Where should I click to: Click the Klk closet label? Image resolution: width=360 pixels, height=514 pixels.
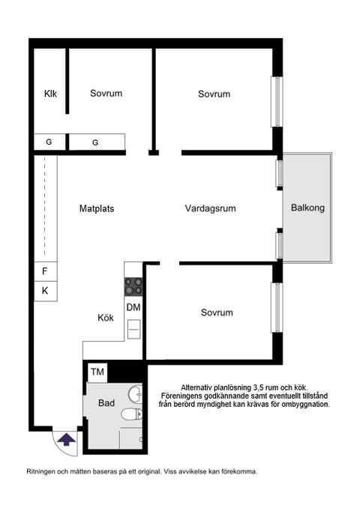point(50,94)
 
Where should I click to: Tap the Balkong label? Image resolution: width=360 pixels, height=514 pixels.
point(307,208)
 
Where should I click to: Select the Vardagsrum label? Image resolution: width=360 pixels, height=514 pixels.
point(210,208)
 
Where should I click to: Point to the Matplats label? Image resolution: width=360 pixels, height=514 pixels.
point(100,208)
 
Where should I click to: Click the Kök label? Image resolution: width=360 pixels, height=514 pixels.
point(105,317)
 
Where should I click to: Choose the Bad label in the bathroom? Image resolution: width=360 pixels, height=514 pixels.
point(106,403)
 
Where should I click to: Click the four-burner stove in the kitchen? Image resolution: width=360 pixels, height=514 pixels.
point(133,285)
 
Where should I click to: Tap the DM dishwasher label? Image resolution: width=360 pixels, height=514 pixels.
point(133,307)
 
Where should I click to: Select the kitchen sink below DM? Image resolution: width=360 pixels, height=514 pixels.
point(133,327)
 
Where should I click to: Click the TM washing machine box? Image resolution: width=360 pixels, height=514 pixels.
point(97,372)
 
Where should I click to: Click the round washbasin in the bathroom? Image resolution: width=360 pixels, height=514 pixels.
point(133,394)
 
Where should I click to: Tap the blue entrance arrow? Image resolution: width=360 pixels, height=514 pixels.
point(67,439)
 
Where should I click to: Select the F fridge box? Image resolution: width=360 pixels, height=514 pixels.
point(45,271)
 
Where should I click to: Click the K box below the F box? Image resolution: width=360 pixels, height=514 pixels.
point(45,291)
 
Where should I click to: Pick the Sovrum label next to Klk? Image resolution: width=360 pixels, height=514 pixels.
point(106,94)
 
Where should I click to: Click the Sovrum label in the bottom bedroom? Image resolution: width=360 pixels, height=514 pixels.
point(217,312)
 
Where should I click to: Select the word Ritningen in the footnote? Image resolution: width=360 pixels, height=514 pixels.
point(43,472)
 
